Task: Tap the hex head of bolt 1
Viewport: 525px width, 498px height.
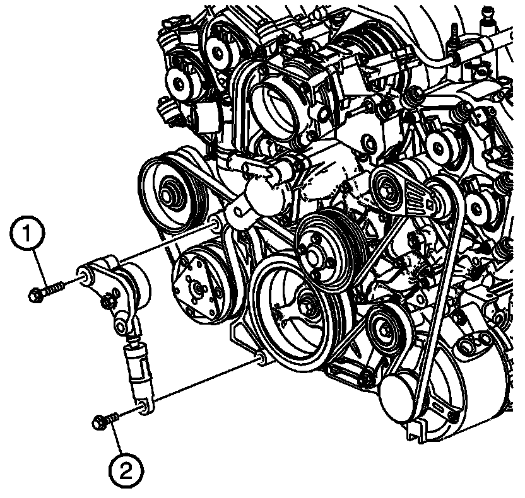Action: (35, 295)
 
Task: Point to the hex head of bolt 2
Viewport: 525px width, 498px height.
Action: (98, 422)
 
